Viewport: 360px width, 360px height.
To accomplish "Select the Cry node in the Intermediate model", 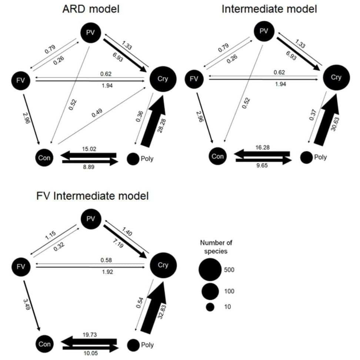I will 336,77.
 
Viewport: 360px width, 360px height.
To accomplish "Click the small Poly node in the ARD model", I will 133,159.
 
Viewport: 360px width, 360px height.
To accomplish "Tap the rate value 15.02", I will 89,149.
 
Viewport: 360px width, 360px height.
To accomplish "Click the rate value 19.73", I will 89,334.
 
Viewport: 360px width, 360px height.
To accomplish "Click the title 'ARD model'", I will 91,9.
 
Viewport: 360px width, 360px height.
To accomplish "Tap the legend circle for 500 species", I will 210,270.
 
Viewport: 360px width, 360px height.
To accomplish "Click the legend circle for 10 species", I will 210,307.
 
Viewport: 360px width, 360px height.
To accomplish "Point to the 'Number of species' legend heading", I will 214,247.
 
